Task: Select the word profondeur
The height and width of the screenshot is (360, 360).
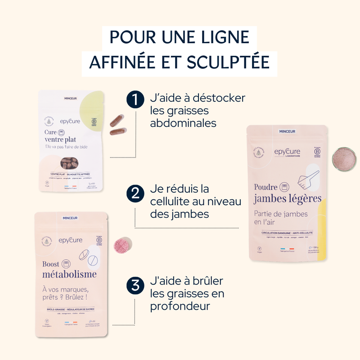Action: pyautogui.click(x=181, y=306)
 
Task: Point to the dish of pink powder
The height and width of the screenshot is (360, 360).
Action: pyautogui.click(x=343, y=158)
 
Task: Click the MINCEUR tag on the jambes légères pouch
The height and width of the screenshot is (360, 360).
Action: pyautogui.click(x=287, y=131)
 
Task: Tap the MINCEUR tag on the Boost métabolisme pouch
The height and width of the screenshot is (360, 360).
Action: pyautogui.click(x=70, y=218)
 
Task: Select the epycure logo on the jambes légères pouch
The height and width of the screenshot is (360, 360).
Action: pyautogui.click(x=288, y=153)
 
